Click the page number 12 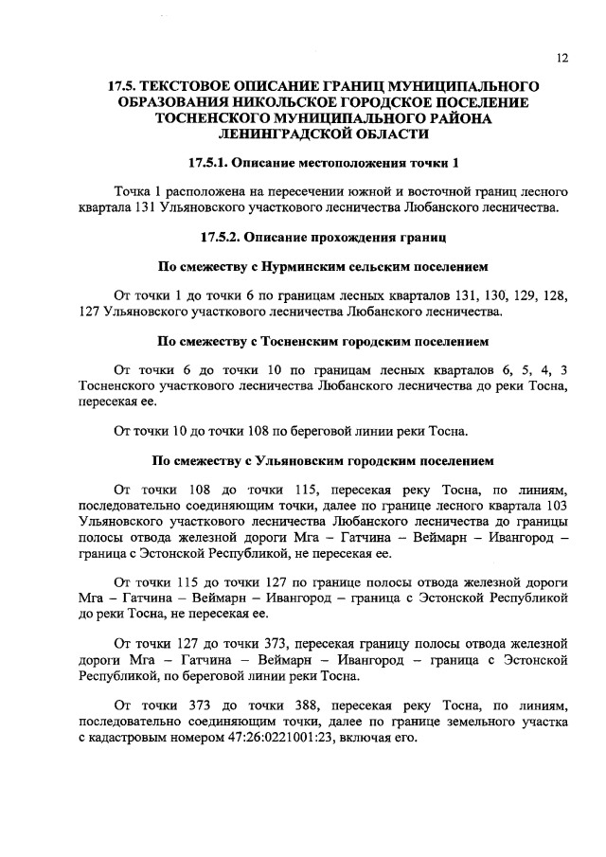coord(561,58)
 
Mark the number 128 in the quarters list coord(544,295)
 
